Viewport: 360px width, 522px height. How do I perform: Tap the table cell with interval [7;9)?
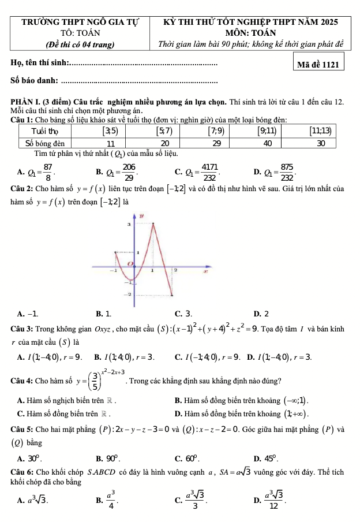[x=217, y=130]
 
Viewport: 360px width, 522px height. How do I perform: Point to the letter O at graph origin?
[x=130, y=264]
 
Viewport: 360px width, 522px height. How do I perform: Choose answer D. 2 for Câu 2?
[x=261, y=314]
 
